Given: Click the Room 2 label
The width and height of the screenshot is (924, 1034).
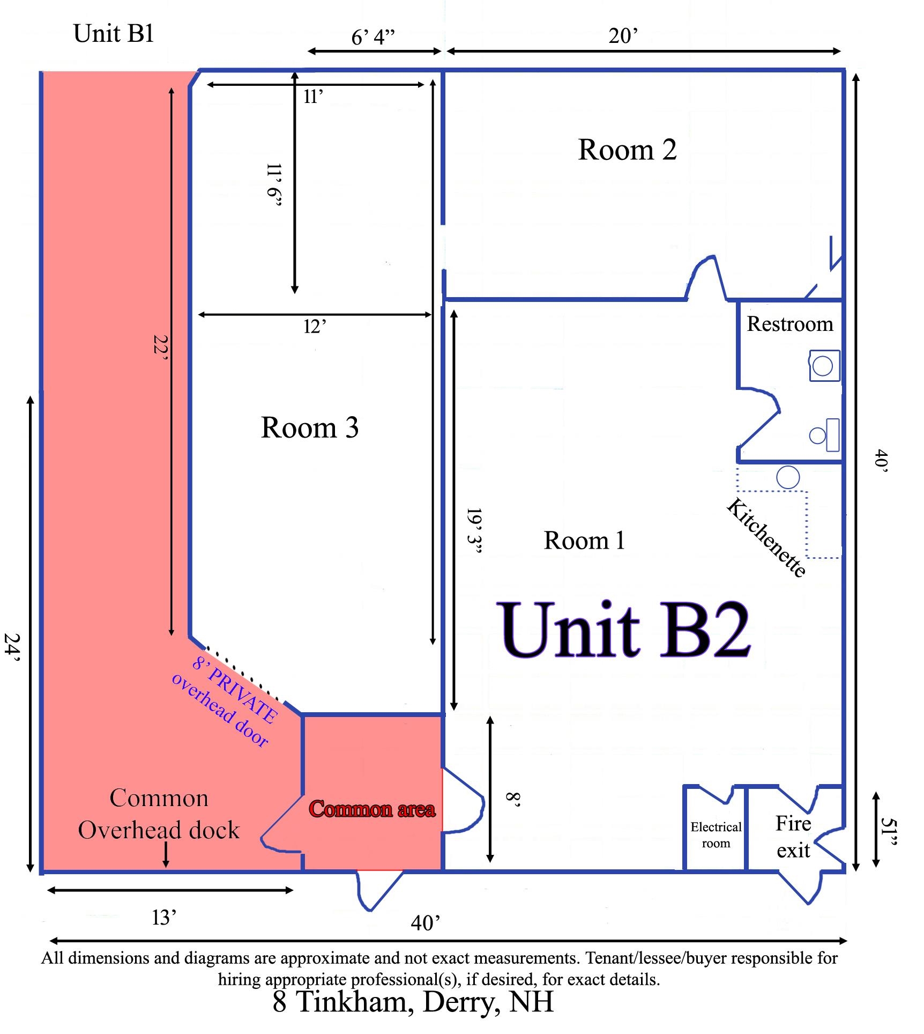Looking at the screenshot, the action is click(627, 150).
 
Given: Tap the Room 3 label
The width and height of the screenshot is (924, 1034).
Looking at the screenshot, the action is click(310, 427).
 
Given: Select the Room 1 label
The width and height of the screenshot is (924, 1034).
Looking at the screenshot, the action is click(584, 540).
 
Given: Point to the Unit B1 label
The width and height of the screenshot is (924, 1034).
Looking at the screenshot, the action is click(114, 33).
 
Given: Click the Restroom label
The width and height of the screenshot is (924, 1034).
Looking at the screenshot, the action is click(790, 324).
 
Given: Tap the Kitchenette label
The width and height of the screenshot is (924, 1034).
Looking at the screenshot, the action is click(766, 538).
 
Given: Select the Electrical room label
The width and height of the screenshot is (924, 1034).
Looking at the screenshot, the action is click(716, 835).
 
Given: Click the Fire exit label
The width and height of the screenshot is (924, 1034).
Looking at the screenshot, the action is click(794, 837).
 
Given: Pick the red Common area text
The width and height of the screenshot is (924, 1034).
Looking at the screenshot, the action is click(372, 809).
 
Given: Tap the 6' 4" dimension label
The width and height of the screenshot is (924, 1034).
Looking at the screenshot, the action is click(373, 37).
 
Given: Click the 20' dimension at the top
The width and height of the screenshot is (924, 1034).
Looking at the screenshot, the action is click(623, 36).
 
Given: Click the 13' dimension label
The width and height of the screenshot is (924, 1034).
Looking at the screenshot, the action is click(164, 918).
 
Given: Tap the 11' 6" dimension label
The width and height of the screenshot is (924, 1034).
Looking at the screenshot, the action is click(274, 185).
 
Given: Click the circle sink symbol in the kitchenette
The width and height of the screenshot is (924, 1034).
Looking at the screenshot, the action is click(788, 477).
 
